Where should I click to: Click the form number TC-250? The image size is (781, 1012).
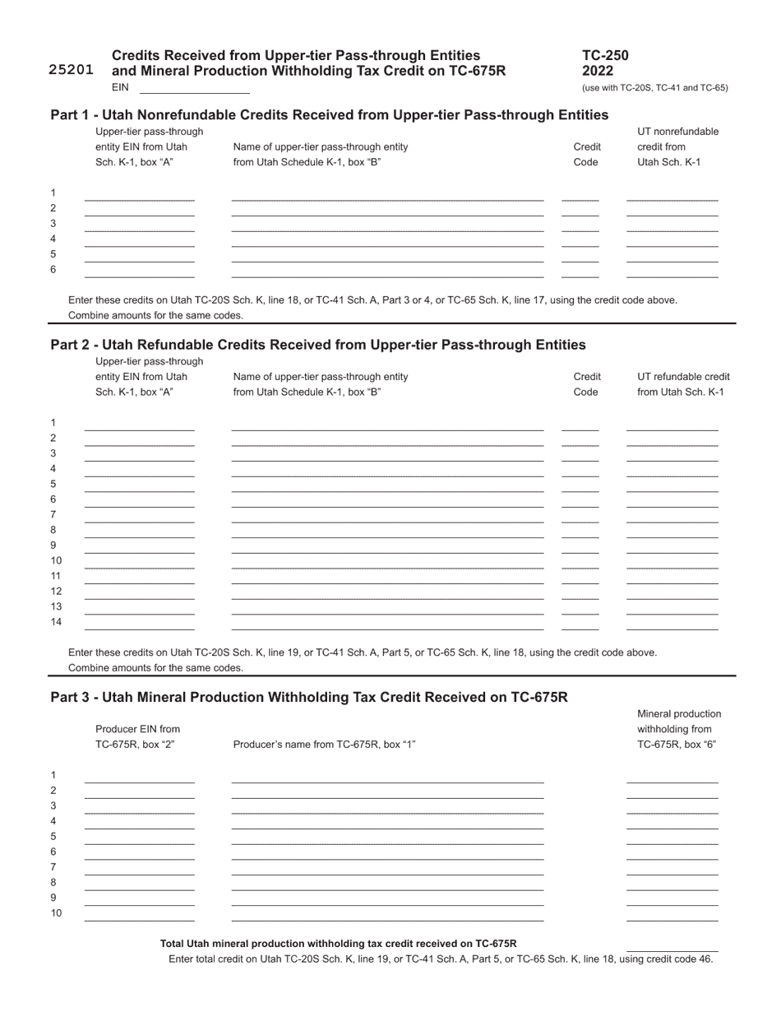point(605,56)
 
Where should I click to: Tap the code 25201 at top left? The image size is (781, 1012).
point(71,70)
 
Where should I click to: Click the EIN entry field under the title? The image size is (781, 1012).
point(194,87)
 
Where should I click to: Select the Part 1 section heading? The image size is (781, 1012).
point(329,114)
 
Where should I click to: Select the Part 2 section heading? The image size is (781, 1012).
point(318,344)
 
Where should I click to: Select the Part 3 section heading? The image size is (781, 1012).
point(309,697)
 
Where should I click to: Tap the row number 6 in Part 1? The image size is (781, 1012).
point(53,270)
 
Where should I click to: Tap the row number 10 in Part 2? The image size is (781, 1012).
point(56,560)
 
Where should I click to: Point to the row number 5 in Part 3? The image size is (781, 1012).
point(53,836)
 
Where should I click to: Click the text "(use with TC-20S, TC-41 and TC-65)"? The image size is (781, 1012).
point(654,88)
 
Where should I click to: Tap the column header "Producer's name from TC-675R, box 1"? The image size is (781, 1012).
point(324,745)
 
